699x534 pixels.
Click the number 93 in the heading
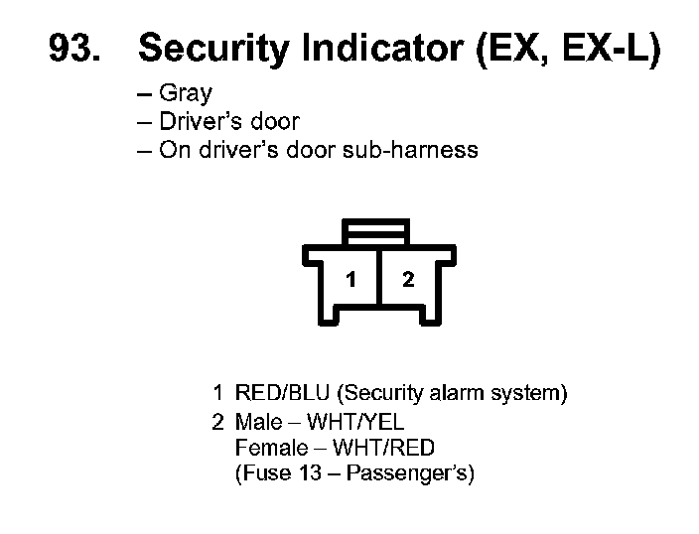tap(74, 48)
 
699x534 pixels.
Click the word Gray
tap(186, 94)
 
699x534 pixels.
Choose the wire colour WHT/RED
tap(382, 447)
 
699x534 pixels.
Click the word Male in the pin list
tap(259, 421)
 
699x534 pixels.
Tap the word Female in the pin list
tap(269, 447)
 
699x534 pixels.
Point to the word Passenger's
tap(409, 473)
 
